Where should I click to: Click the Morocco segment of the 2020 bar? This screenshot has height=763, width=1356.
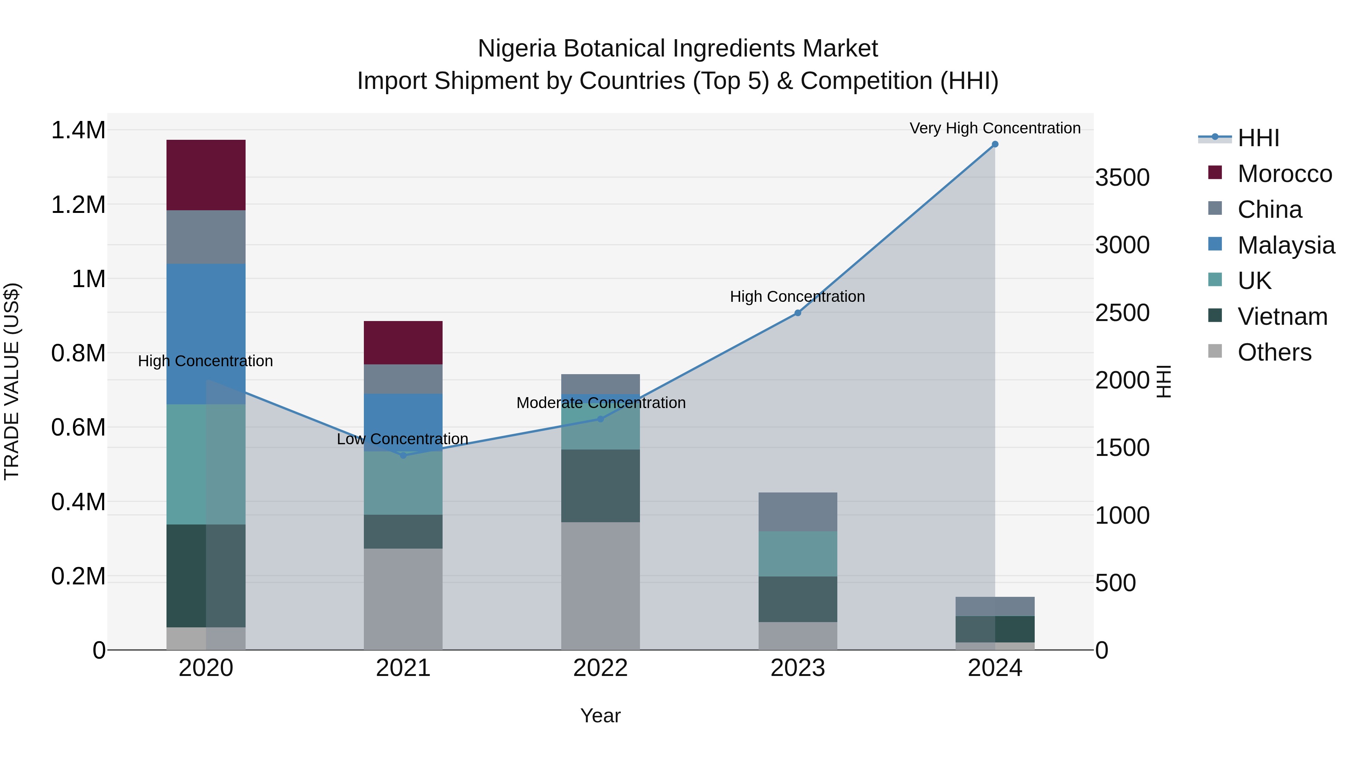(206, 175)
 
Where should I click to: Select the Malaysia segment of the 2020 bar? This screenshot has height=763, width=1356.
(206, 334)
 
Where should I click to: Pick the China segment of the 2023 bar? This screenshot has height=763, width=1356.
(797, 512)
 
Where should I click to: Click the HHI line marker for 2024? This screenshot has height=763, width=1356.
(995, 144)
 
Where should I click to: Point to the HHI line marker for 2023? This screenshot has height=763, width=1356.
(797, 313)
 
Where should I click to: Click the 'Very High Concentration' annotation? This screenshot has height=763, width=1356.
(995, 128)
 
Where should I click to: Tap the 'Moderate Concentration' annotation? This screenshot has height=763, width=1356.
(601, 403)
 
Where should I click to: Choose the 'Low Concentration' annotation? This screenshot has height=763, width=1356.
(403, 439)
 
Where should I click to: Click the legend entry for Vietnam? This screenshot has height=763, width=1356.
(1282, 317)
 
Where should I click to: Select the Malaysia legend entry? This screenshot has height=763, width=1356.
(1286, 245)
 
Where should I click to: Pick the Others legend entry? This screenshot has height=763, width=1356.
(1274, 352)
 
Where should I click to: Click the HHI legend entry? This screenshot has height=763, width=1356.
(1258, 138)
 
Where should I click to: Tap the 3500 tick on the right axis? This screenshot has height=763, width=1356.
(1123, 177)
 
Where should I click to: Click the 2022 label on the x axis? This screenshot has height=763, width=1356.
(601, 668)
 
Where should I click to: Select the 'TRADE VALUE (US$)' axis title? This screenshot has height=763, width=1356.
(12, 381)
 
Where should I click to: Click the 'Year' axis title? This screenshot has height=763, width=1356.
(601, 716)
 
